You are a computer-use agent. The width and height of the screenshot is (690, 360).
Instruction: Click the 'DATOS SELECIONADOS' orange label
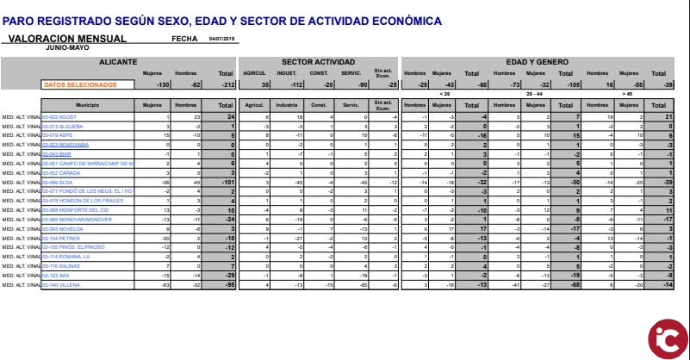[x=79, y=84]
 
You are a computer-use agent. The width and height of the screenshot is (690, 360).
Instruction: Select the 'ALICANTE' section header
[x=118, y=62]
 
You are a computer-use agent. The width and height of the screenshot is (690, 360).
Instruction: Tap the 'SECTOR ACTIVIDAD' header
[x=319, y=62]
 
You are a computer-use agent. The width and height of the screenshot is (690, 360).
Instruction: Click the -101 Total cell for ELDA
[x=227, y=183]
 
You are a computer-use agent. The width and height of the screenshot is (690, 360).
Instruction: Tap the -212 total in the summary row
[x=227, y=84]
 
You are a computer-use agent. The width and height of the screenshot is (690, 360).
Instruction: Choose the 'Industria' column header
[x=288, y=104]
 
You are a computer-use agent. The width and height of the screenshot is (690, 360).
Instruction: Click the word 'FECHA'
[x=184, y=39]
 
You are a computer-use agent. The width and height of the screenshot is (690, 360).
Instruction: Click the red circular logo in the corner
[x=665, y=335]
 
